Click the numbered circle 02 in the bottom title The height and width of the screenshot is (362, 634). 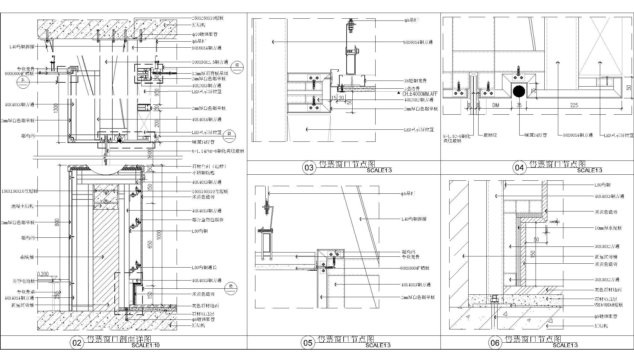point(77,343)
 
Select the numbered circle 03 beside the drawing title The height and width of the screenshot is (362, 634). point(309,168)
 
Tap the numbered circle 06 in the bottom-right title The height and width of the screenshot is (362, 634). point(495,343)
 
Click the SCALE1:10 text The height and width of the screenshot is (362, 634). point(146,345)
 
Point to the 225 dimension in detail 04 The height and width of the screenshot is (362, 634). point(574,105)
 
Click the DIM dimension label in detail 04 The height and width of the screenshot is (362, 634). point(495,105)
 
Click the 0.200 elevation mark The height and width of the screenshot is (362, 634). point(43,274)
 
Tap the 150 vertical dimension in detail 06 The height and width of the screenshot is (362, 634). point(533,253)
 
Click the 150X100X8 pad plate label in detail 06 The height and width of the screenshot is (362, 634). point(608,305)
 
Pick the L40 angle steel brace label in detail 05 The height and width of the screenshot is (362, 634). point(414,219)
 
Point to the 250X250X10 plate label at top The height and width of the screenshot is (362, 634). point(208,18)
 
